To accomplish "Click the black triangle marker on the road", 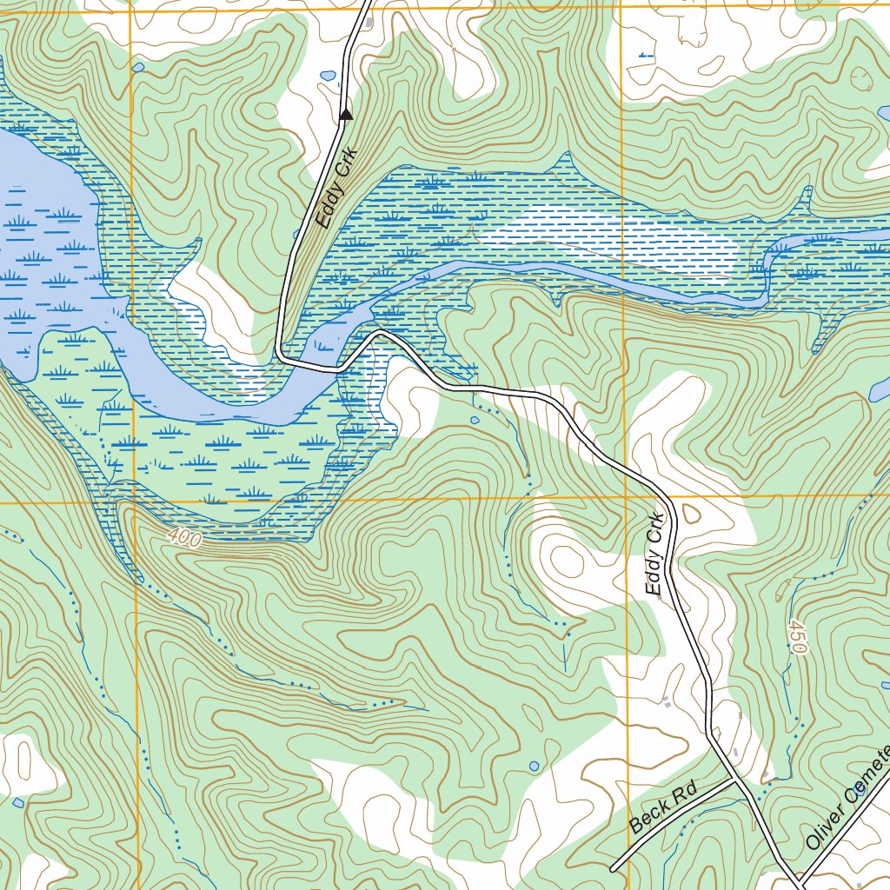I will tap(346, 114).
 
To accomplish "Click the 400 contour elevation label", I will tap(184, 539).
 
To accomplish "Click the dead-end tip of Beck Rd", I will tap(613, 868).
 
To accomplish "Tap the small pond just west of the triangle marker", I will tap(329, 76).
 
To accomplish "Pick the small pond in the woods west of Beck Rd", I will tap(534, 766).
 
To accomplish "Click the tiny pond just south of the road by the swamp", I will tap(475, 420).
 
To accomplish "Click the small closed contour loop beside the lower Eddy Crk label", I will tap(692, 514).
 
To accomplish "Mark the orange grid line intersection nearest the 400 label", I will tap(136, 501).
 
